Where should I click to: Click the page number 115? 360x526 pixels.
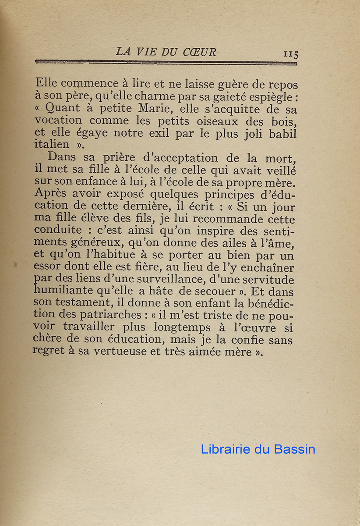pos(290,54)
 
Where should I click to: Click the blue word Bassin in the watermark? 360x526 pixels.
pos(294,449)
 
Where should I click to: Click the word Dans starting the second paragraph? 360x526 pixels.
pos(61,157)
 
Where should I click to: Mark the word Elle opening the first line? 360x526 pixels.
pos(46,83)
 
